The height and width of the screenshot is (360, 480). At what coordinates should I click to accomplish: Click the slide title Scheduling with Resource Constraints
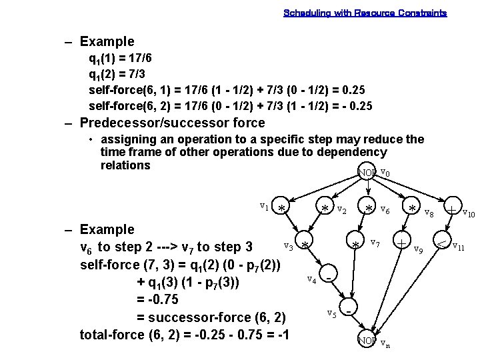(365, 13)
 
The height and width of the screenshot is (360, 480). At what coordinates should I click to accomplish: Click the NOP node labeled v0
(367, 173)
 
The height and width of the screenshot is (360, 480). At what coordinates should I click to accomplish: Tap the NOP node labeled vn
(367, 340)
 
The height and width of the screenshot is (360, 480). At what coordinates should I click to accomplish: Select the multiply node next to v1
(282, 208)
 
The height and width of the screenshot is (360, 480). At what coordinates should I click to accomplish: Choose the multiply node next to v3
(304, 245)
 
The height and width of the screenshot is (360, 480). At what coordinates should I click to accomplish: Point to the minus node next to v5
(349, 309)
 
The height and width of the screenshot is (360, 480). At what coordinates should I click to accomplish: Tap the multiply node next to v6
(369, 208)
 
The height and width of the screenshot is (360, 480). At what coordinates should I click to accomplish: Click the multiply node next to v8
(413, 209)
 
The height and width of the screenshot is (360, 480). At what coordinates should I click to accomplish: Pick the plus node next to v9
(401, 241)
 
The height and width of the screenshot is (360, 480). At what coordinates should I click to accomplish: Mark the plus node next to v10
(452, 208)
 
